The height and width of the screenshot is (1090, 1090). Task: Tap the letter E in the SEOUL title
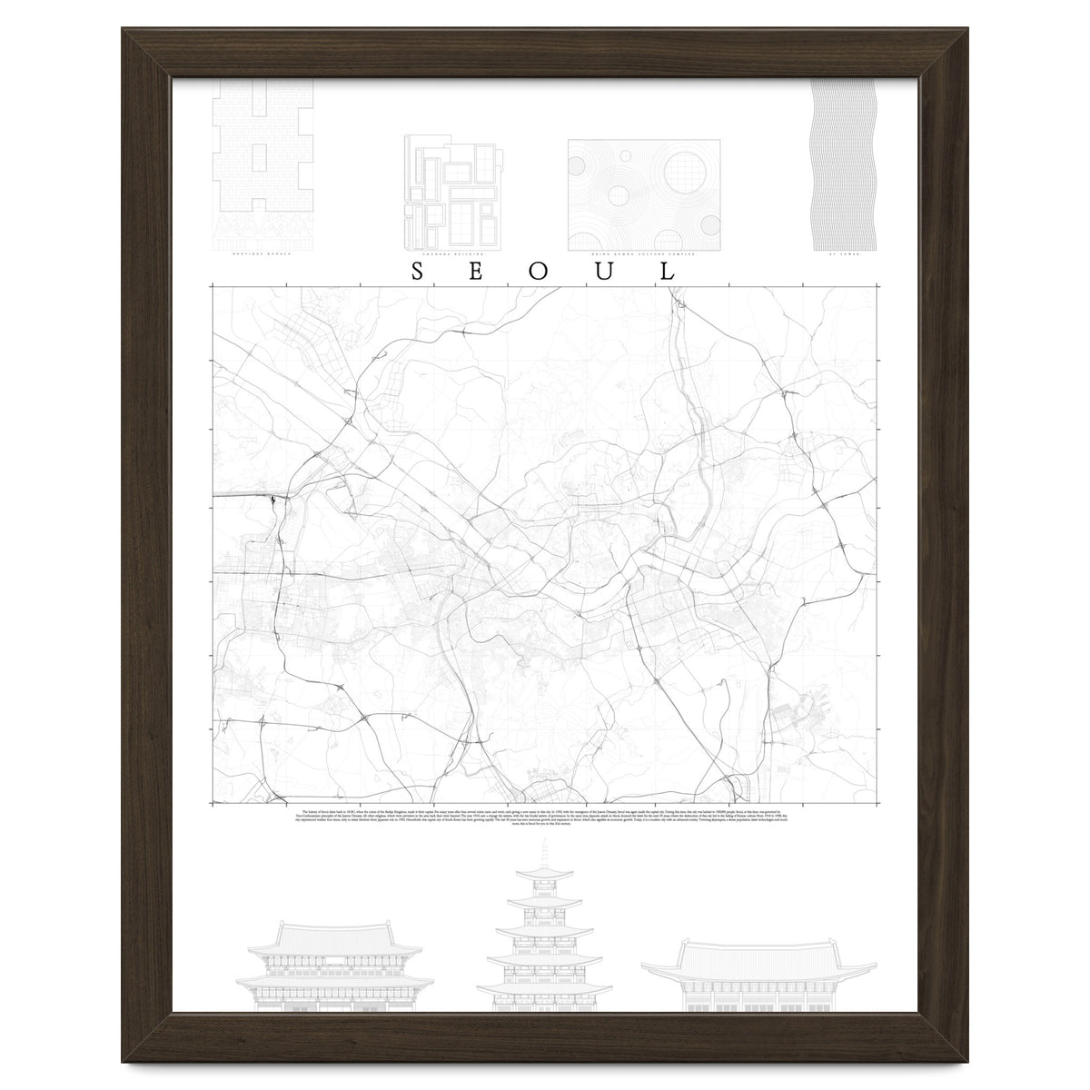[480, 272]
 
